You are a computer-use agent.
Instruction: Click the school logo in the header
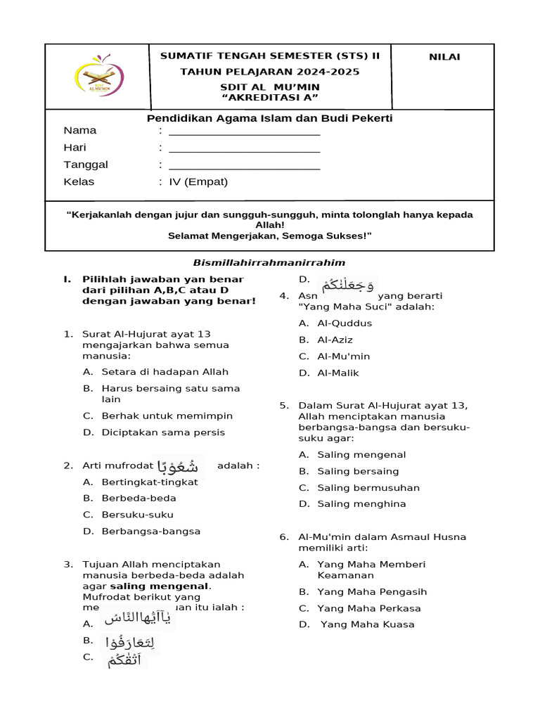[x=98, y=77]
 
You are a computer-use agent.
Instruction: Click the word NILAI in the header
[x=444, y=57]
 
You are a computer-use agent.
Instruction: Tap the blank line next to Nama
[x=244, y=131]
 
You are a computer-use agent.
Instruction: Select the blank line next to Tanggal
[x=244, y=166]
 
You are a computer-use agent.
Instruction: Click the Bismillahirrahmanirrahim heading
[x=269, y=262]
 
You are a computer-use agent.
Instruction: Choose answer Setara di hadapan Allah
[x=165, y=372]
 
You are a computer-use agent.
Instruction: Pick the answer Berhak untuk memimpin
[x=167, y=416]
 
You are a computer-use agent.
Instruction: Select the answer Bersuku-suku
[x=137, y=515]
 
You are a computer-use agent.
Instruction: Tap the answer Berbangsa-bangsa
[x=150, y=531]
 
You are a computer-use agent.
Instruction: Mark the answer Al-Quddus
[x=345, y=323]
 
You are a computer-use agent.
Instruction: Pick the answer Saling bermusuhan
[x=368, y=487]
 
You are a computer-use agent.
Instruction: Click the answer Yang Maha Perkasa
[x=368, y=608]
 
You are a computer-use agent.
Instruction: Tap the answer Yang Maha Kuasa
[x=367, y=624]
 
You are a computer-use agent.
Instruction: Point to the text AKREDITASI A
[x=269, y=96]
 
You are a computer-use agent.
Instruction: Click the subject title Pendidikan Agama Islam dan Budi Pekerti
[x=269, y=118]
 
